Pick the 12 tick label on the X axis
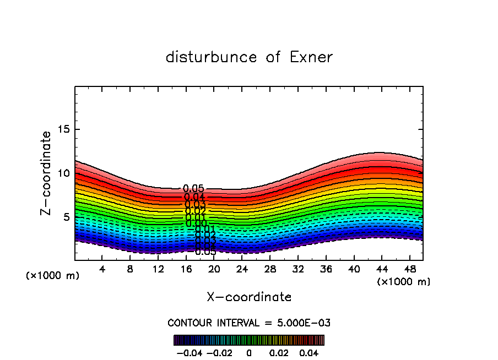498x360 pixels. click(x=158, y=269)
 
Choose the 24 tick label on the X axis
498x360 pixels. click(x=242, y=269)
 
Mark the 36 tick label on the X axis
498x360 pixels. click(x=326, y=269)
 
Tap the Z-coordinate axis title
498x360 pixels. click(x=46, y=173)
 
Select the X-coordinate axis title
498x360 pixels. click(x=249, y=297)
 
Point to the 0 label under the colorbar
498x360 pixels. click(x=249, y=352)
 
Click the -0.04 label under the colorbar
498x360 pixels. click(x=190, y=352)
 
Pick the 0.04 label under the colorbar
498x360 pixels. click(x=309, y=352)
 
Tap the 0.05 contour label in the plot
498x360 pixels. click(x=193, y=189)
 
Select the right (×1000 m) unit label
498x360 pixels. click(x=404, y=282)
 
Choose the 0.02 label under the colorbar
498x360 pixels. click(x=279, y=352)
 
